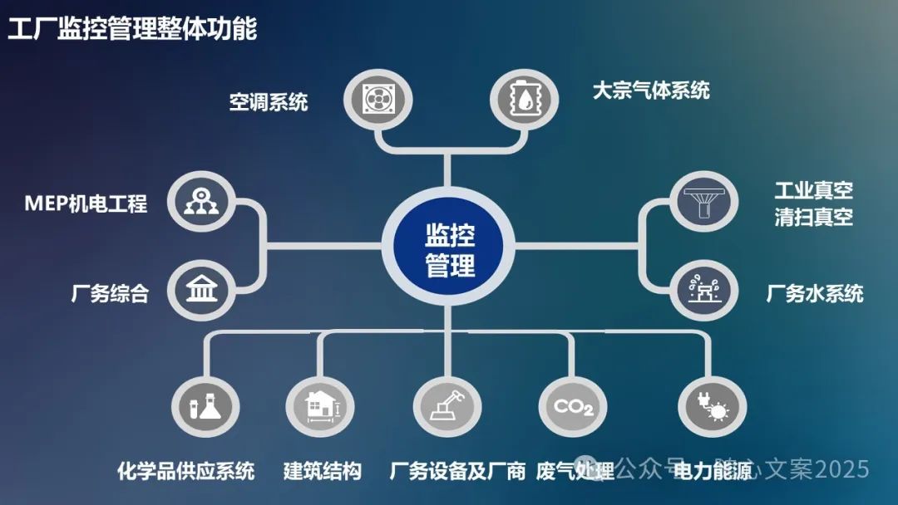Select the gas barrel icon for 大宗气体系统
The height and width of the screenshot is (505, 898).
(521, 98)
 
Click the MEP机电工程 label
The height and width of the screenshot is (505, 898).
(86, 203)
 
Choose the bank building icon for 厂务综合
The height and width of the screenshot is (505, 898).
(200, 292)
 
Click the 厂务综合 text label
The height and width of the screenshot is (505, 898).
(110, 293)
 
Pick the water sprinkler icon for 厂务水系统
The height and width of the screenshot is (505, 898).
(702, 292)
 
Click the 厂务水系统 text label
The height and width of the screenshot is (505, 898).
(814, 293)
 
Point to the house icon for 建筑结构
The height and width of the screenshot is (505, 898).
(319, 406)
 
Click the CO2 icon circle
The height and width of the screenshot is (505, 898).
(573, 406)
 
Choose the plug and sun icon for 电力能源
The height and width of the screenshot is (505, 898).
(711, 406)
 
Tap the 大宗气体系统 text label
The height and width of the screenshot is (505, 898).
(650, 90)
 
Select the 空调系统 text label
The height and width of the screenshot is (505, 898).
(269, 101)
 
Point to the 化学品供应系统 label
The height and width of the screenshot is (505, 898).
(185, 471)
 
